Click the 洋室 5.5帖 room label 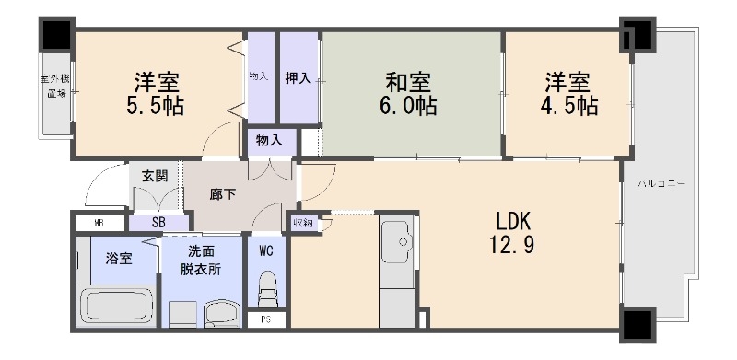pyautogui.click(x=156, y=93)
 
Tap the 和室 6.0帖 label pyautogui.click(x=410, y=93)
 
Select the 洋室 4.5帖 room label pyautogui.click(x=568, y=93)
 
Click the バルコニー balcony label pyautogui.click(x=661, y=185)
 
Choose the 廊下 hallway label pyautogui.click(x=223, y=194)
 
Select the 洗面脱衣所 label pyautogui.click(x=201, y=259)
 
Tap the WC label pyautogui.click(x=265, y=250)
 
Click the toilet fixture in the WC pyautogui.click(x=267, y=289)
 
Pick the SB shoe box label pyautogui.click(x=158, y=222)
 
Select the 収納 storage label pyautogui.click(x=302, y=222)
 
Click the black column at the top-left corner pyautogui.click(x=56, y=35)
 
